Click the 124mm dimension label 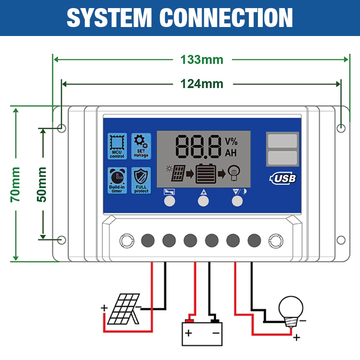202,84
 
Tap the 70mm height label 16,184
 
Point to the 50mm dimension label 42,184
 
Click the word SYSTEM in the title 109,18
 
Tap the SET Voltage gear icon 141,145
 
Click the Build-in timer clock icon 117,180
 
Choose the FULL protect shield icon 141,180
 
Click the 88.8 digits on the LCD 198,146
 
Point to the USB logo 283,178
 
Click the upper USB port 282,141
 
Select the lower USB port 282,158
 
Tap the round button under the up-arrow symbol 203,201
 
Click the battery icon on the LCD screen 203,173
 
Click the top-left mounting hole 62,128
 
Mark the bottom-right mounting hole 341,240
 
